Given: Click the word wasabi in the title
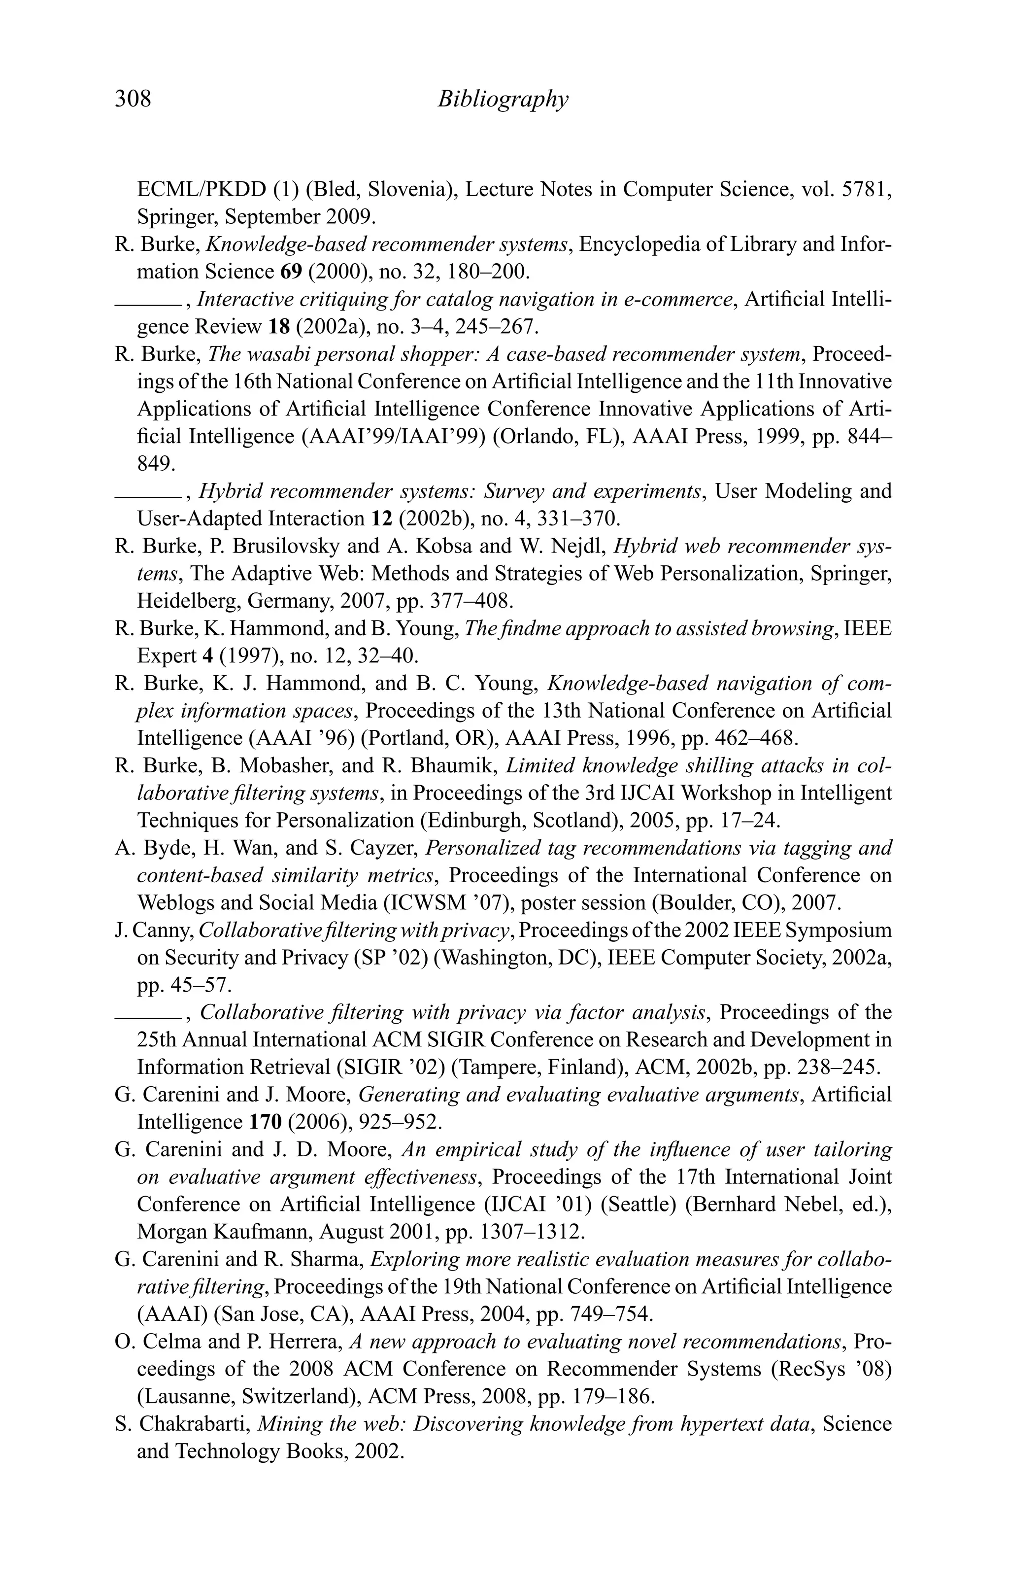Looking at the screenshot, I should tap(281, 355).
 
